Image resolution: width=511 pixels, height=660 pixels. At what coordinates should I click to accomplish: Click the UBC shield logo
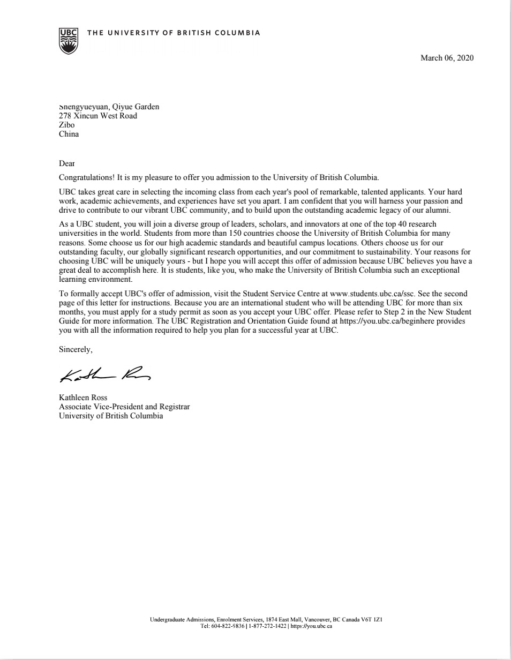tap(69, 41)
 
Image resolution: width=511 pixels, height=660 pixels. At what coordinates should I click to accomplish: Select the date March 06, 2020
tap(447, 58)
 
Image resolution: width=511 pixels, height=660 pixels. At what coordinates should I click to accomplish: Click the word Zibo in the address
tap(66, 125)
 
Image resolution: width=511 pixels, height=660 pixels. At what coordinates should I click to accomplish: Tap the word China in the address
tap(69, 134)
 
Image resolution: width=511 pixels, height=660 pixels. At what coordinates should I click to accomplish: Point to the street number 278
tap(65, 116)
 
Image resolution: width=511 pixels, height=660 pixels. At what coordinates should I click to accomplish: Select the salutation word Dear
tap(66, 163)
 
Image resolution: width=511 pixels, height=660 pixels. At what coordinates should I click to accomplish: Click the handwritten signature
tap(104, 375)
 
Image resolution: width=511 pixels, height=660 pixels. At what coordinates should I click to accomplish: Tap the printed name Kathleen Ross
tap(83, 397)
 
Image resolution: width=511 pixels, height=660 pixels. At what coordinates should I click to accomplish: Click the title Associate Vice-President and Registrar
tap(124, 407)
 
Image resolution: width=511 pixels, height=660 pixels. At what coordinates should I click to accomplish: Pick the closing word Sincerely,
tap(76, 349)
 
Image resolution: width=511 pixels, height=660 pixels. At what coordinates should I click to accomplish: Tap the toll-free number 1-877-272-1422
tap(267, 626)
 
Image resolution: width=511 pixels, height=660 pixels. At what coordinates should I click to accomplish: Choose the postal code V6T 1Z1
tap(371, 619)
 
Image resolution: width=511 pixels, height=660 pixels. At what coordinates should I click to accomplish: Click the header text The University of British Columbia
tap(174, 33)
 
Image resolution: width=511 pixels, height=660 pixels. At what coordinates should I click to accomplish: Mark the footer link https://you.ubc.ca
tap(311, 626)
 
